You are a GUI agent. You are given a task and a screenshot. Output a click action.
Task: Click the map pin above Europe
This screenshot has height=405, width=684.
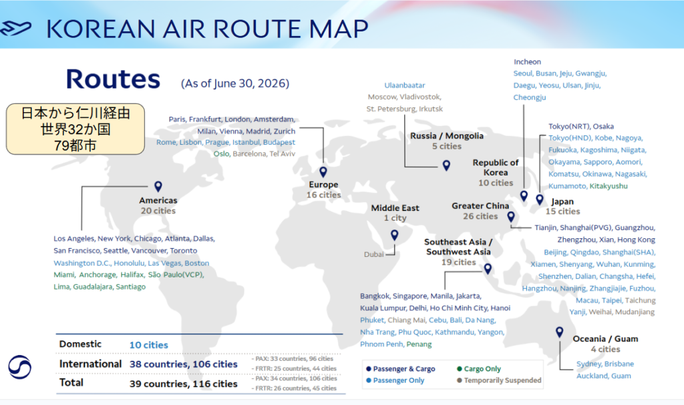click(x=323, y=171)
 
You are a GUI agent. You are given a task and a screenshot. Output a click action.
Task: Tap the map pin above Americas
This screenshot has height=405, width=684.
click(x=158, y=186)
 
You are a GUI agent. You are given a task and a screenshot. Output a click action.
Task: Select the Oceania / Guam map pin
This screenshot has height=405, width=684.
click(x=559, y=332)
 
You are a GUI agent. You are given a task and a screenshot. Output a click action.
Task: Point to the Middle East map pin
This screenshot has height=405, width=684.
click(x=394, y=235)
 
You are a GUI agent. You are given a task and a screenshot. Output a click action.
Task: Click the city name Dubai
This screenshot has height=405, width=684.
click(x=374, y=255)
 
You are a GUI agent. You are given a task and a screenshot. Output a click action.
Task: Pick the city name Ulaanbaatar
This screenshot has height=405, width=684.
click(x=404, y=85)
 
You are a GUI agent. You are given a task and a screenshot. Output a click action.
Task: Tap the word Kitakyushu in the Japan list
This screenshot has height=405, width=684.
click(x=609, y=186)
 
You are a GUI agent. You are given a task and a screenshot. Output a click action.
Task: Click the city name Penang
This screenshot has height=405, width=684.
click(x=419, y=344)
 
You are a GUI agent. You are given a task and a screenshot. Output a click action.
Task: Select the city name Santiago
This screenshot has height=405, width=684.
click(x=131, y=287)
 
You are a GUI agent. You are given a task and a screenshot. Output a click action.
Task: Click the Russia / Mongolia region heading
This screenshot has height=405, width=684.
click(x=447, y=136)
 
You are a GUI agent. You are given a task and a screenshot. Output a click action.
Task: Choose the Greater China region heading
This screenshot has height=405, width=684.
click(x=480, y=206)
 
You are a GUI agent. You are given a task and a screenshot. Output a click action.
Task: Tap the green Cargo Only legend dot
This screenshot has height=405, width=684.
click(x=459, y=369)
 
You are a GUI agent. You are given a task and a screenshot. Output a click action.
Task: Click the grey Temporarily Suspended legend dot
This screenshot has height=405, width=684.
click(x=459, y=380)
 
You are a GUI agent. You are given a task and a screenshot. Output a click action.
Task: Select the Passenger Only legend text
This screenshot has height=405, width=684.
click(x=399, y=380)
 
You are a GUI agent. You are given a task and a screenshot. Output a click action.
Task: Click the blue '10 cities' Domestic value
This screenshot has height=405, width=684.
click(x=149, y=345)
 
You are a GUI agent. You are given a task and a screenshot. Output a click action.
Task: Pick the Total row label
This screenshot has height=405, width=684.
click(x=71, y=383)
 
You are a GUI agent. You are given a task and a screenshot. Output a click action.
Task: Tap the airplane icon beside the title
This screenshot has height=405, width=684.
click(x=16, y=28)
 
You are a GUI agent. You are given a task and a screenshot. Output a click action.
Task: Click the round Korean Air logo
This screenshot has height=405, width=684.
click(x=19, y=367)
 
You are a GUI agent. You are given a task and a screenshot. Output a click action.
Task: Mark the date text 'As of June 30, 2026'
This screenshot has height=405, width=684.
click(x=235, y=83)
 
